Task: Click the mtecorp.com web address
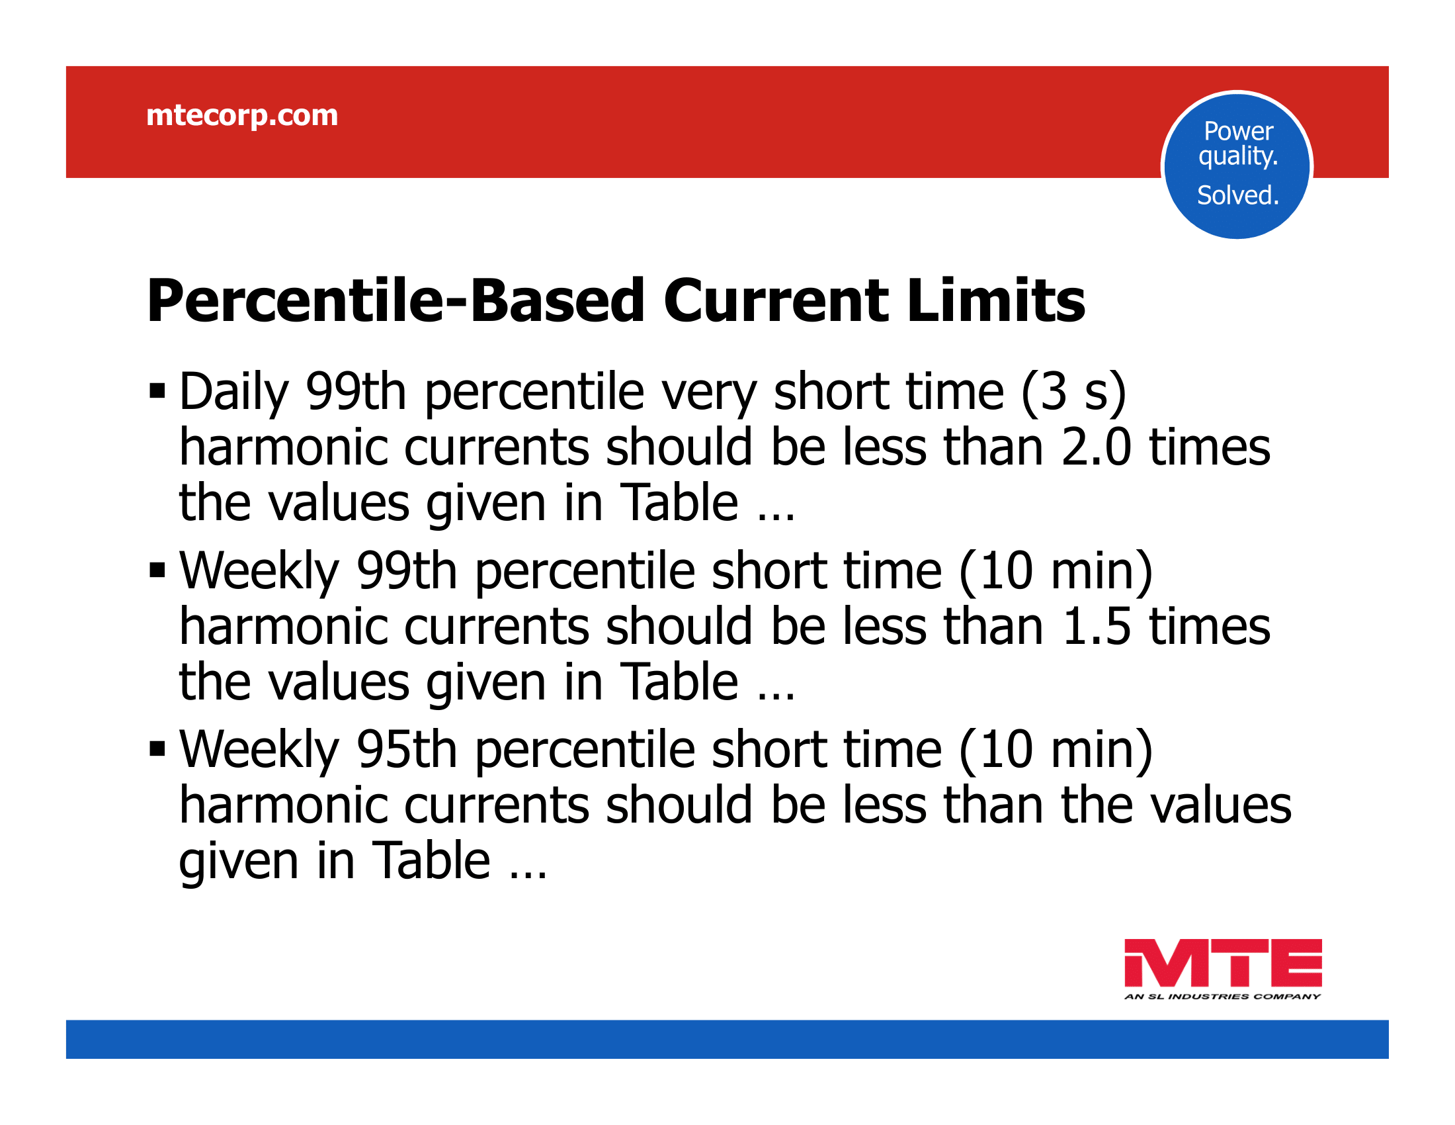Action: tap(242, 116)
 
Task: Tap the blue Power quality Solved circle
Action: tap(1237, 165)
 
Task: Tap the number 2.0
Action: tap(1096, 447)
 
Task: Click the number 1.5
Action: tap(1096, 627)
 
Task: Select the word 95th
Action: tap(406, 750)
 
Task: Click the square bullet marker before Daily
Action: tap(157, 390)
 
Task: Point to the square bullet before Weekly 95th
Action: tap(157, 749)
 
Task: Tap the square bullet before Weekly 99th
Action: tap(157, 570)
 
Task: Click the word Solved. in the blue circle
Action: tap(1238, 195)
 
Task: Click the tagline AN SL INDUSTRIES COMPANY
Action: tap(1222, 997)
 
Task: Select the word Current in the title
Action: tap(776, 300)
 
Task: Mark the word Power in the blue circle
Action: tap(1239, 131)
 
